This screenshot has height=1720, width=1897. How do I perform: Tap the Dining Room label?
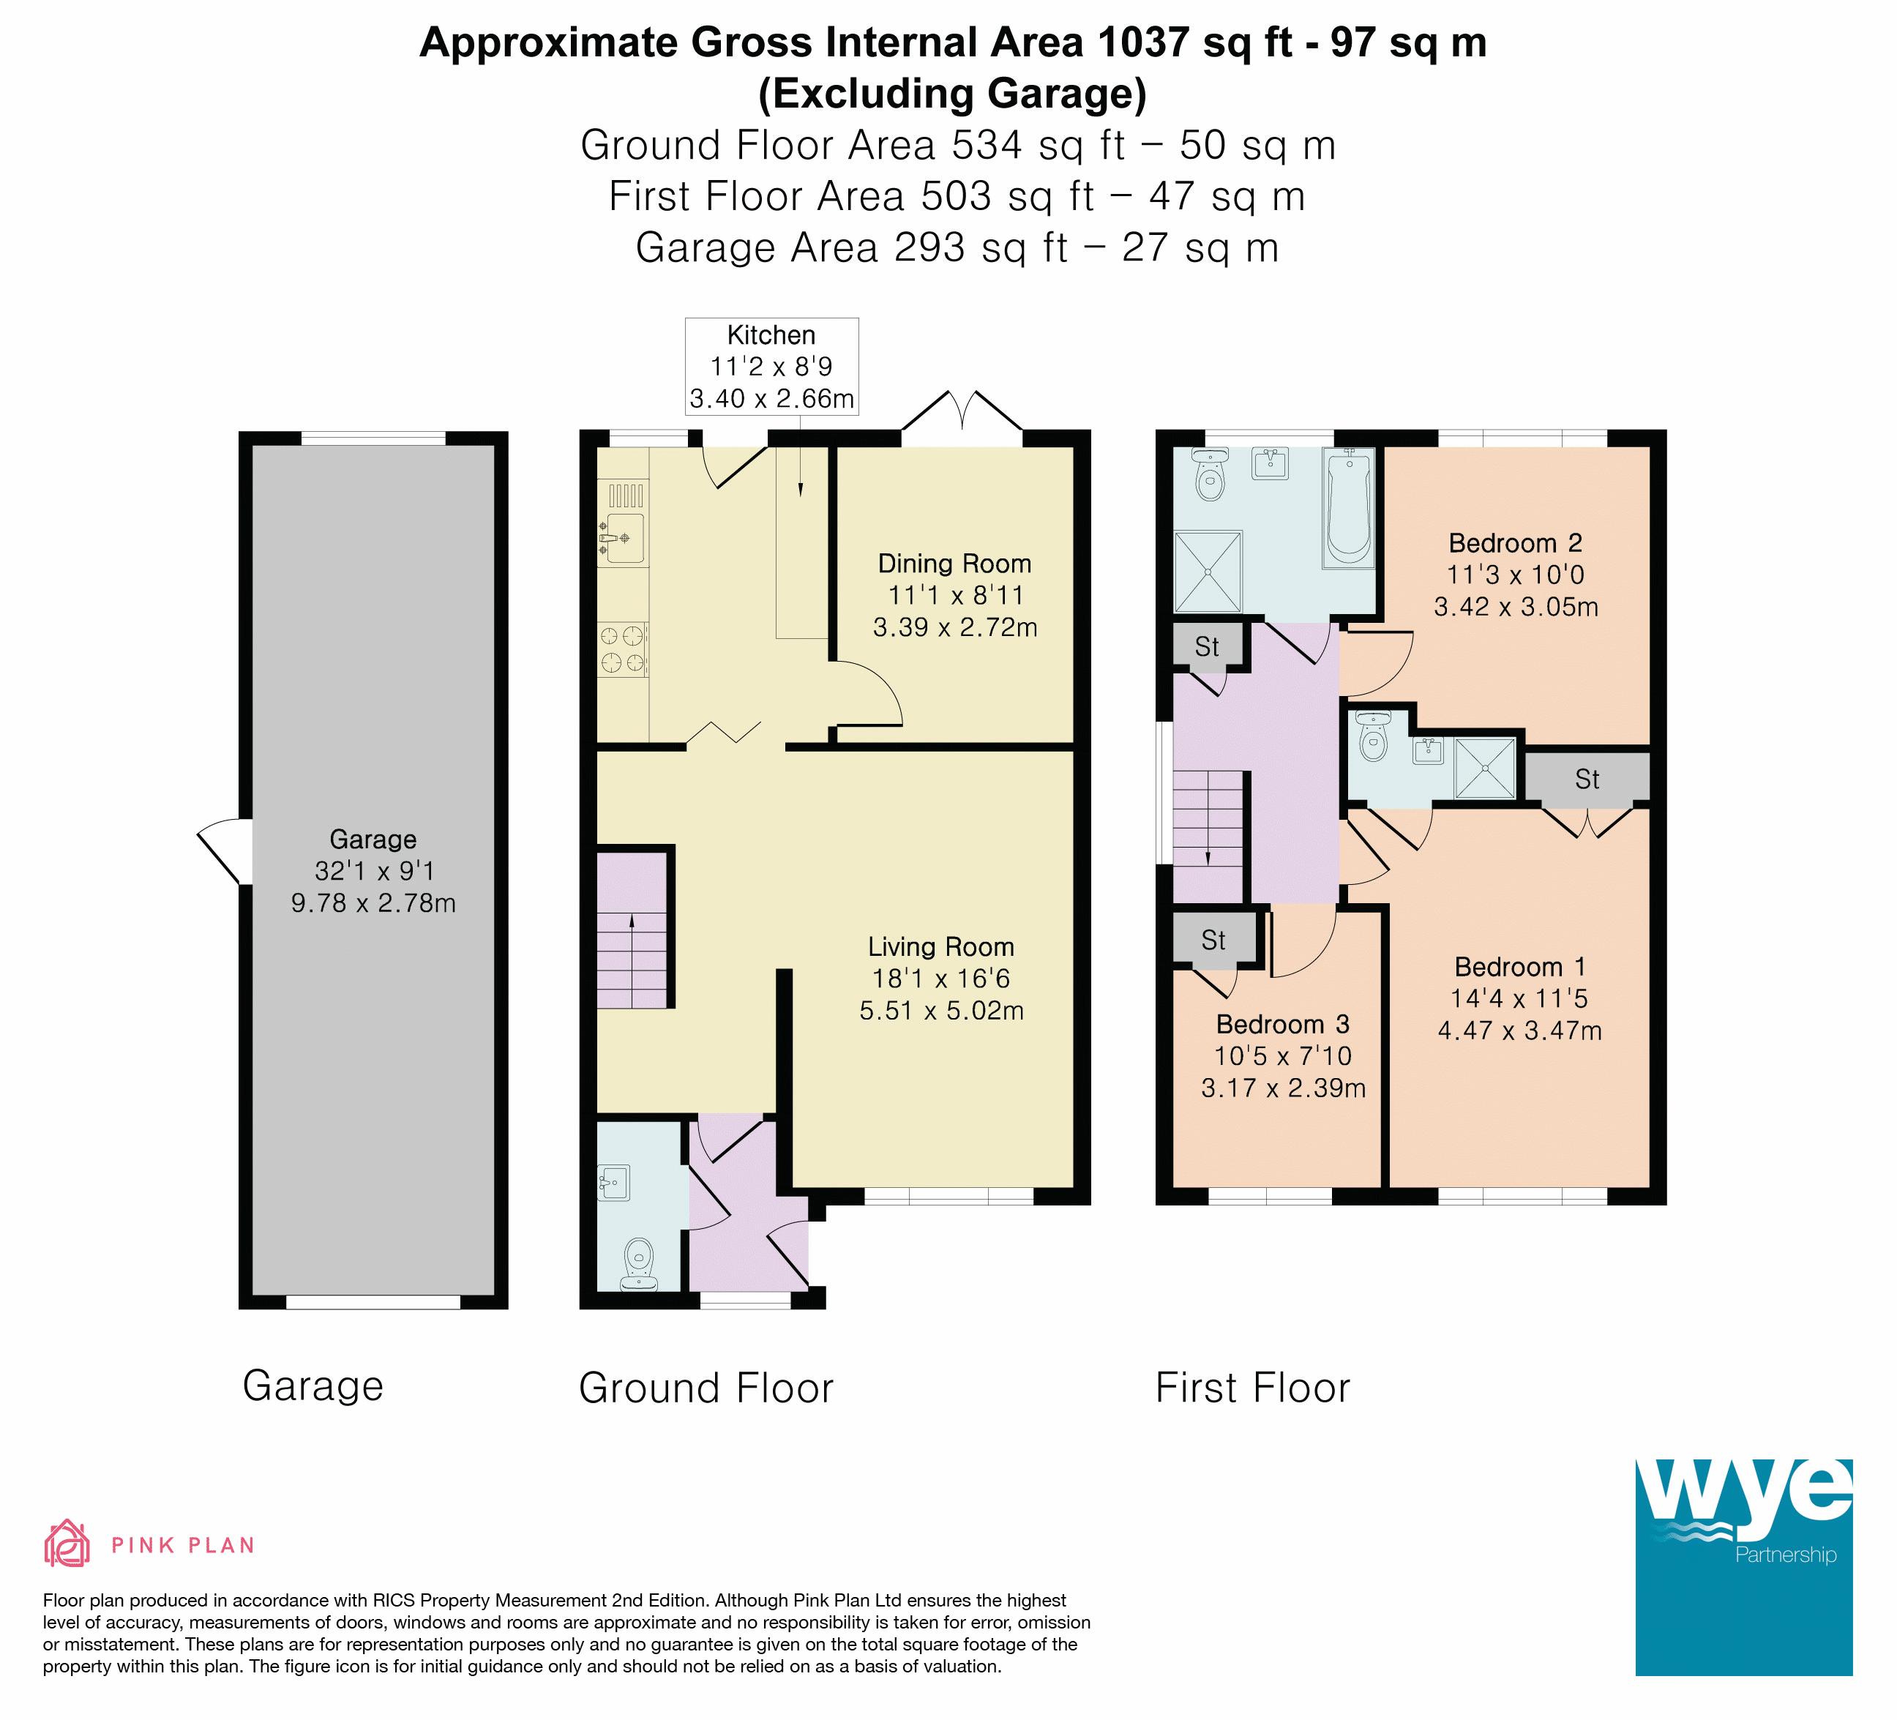pyautogui.click(x=954, y=564)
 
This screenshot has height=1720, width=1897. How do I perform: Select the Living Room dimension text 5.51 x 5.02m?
pyautogui.click(x=941, y=1011)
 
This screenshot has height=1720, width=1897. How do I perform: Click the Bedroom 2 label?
pyautogui.click(x=1515, y=543)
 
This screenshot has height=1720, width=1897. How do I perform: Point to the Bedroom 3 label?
pyautogui.click(x=1282, y=1024)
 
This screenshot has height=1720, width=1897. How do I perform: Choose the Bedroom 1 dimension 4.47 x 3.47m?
pyautogui.click(x=1519, y=1031)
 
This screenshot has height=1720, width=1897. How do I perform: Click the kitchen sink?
pyautogui.click(x=622, y=538)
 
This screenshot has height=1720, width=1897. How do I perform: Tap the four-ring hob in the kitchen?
pyautogui.click(x=623, y=649)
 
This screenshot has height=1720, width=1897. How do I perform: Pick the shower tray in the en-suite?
pyautogui.click(x=1486, y=768)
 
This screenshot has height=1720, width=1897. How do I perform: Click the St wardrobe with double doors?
pyautogui.click(x=1587, y=778)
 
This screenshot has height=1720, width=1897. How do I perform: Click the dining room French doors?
pyautogui.click(x=962, y=417)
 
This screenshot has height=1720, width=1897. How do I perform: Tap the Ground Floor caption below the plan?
pyautogui.click(x=706, y=1388)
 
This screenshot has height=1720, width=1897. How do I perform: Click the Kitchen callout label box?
pyautogui.click(x=771, y=366)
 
